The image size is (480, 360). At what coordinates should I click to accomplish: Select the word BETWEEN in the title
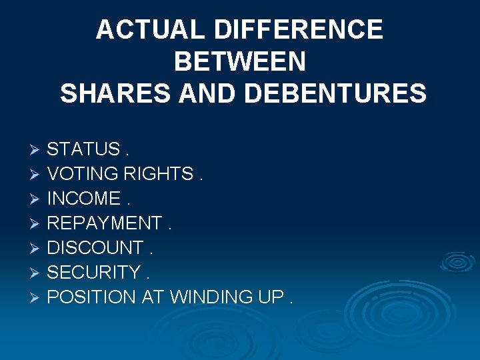point(239,62)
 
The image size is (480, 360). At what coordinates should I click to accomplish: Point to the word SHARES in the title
point(115,93)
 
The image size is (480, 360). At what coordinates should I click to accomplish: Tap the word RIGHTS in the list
point(161,173)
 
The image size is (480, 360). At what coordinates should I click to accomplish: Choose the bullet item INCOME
point(84,198)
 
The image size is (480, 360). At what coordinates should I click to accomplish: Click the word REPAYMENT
point(105,223)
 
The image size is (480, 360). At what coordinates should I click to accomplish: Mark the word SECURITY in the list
point(95,272)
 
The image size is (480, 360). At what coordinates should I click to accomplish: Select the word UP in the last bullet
point(270,297)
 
